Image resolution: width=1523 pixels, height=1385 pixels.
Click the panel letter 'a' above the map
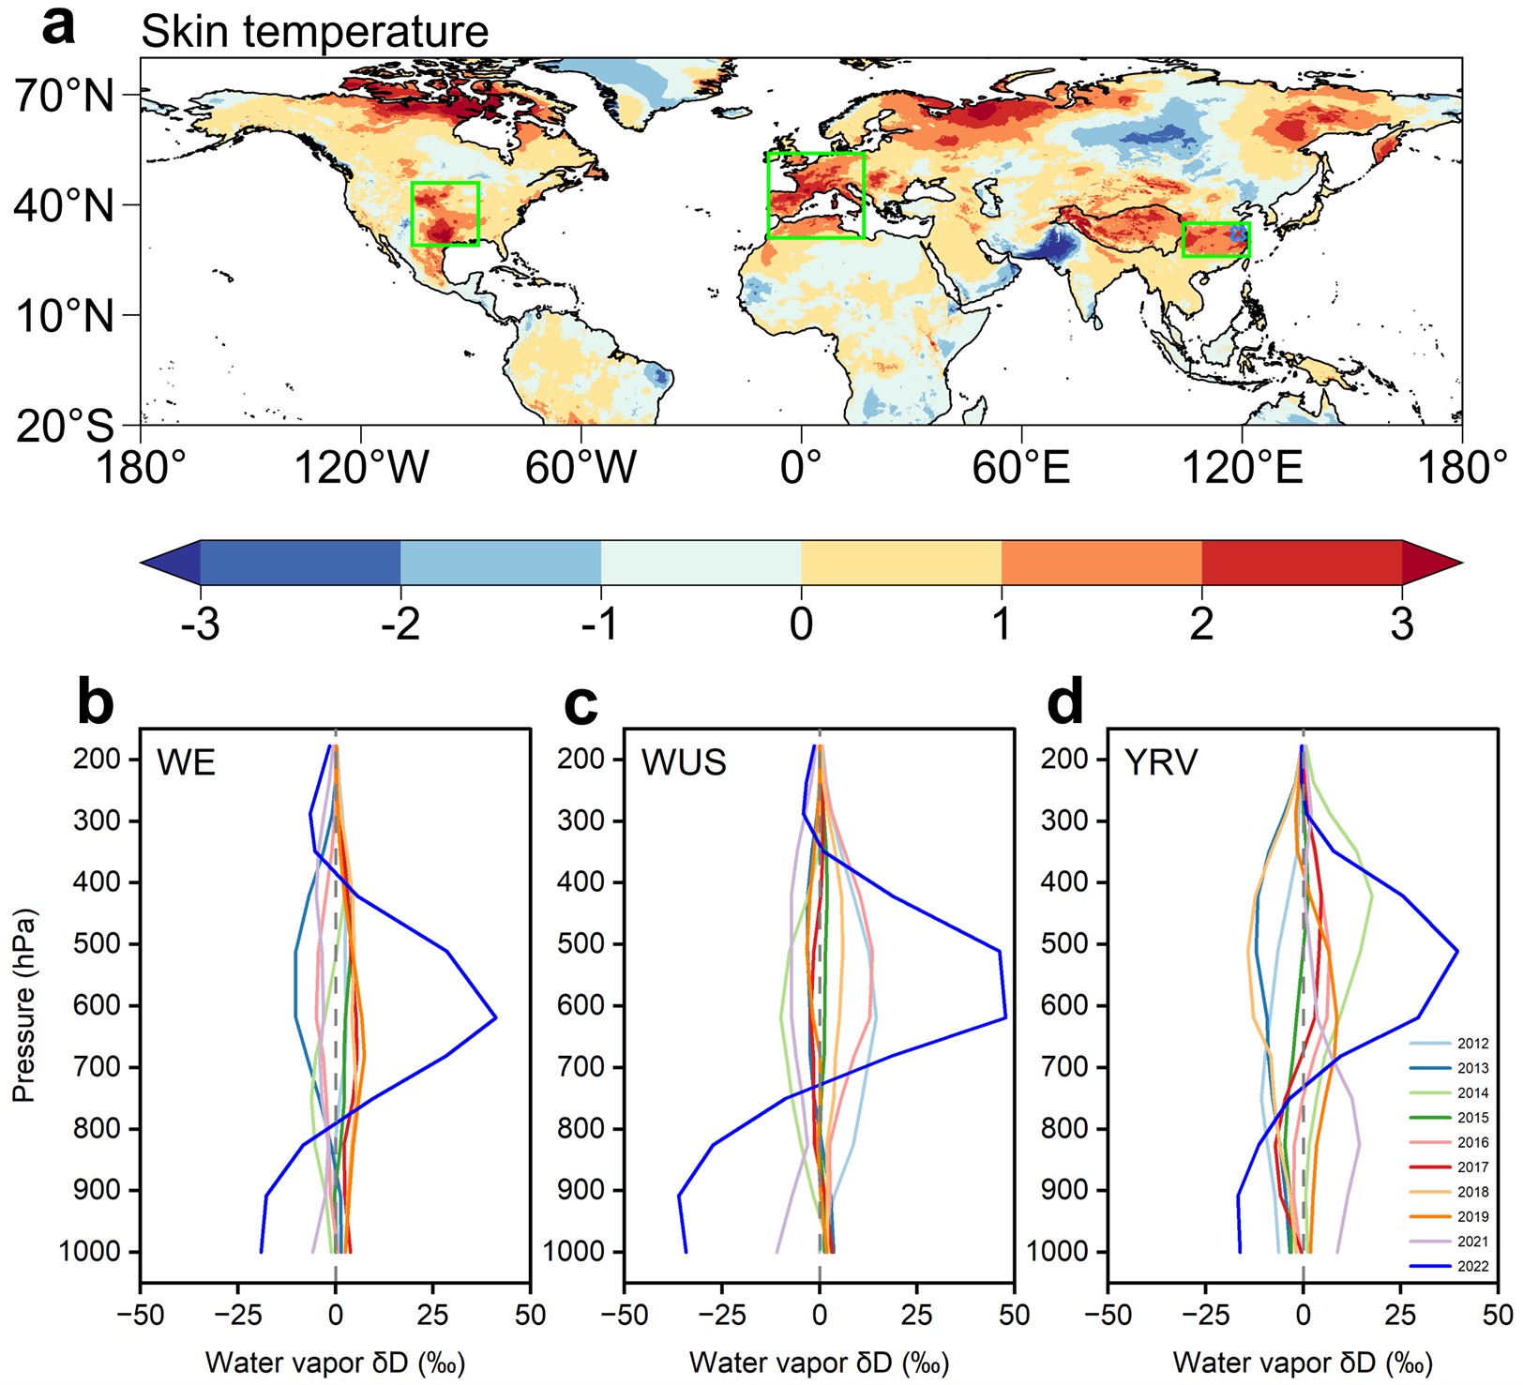coord(58,26)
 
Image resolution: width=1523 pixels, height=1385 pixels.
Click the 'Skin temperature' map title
coord(314,32)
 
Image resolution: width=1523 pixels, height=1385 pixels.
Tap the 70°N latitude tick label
coord(64,95)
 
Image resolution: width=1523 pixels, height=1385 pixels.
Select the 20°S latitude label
coord(64,426)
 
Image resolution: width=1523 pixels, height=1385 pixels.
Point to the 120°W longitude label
coord(361,467)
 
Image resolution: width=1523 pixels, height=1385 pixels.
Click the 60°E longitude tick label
coord(1020,467)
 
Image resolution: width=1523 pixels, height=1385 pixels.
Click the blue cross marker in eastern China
coord(1238,233)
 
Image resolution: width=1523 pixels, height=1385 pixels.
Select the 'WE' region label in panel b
coord(186,762)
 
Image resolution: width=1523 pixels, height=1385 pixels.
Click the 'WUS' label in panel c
coord(684,762)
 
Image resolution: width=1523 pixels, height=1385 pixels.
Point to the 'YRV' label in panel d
coord(1161,762)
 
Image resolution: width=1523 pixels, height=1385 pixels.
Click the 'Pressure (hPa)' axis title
coord(24,1005)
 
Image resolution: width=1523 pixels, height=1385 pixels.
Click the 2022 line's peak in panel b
coord(495,1017)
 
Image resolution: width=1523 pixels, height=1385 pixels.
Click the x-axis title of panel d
coord(1303,1362)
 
